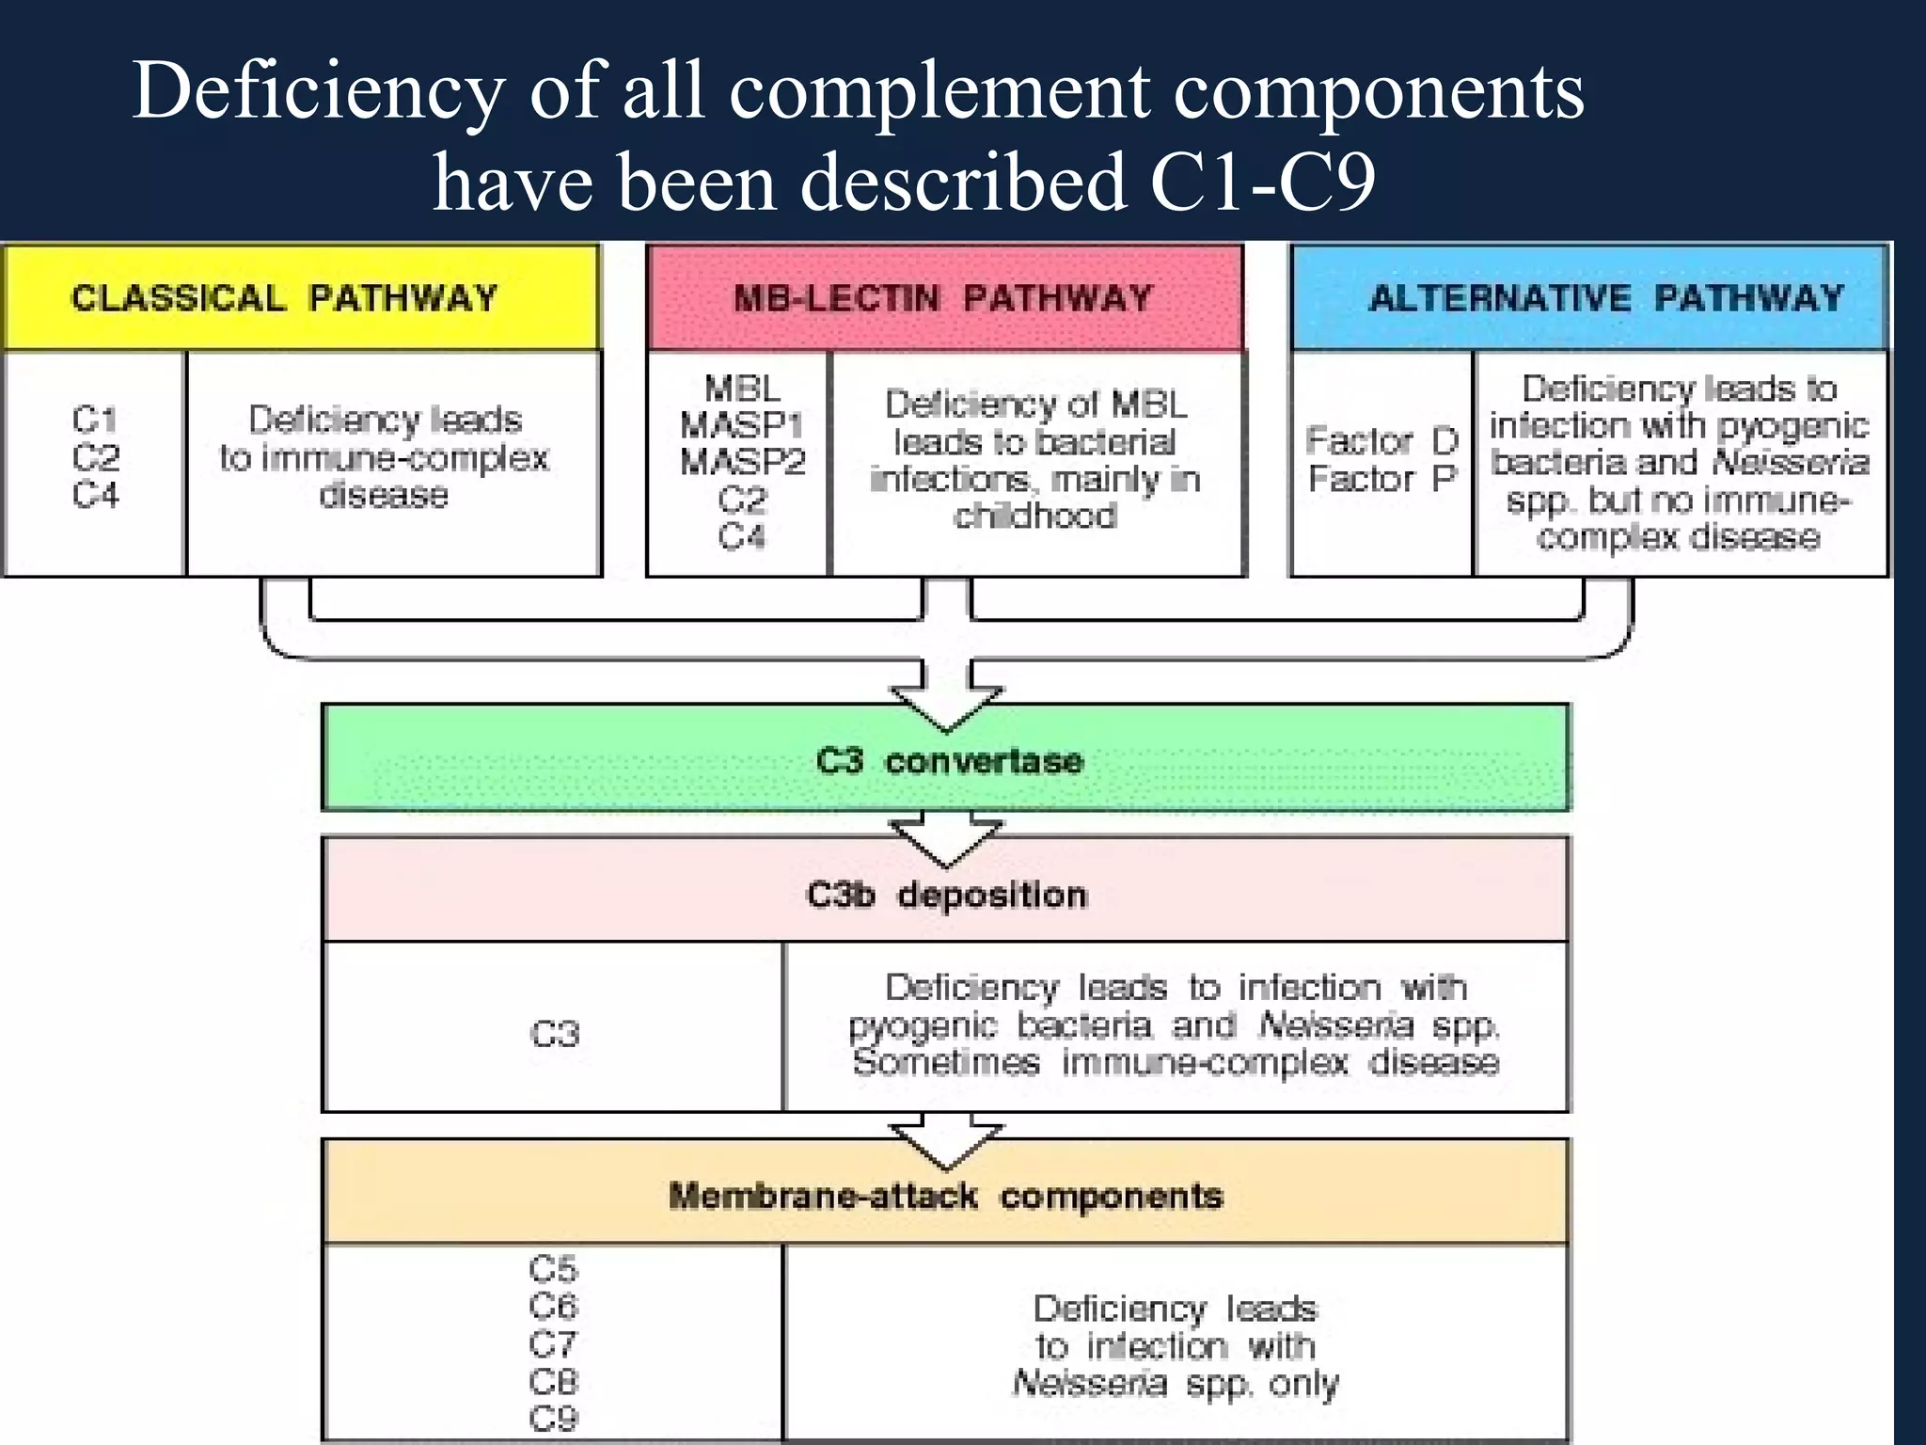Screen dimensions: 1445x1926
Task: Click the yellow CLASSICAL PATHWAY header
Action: (x=301, y=297)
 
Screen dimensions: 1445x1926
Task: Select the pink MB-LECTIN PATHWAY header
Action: (x=944, y=298)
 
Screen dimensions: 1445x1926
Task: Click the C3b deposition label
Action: (x=946, y=894)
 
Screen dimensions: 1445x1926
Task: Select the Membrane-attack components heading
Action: (x=946, y=1196)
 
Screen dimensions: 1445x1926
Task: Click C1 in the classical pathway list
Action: (x=95, y=420)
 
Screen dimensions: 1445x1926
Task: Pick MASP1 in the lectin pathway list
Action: (x=742, y=425)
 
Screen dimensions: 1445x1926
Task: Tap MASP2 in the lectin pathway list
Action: (x=742, y=462)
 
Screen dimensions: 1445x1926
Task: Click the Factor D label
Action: (x=1381, y=440)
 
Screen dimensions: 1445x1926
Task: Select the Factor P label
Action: (x=1381, y=479)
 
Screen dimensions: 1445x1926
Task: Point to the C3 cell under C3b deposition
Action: (x=555, y=1034)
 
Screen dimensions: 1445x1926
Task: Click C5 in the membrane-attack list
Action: (x=553, y=1269)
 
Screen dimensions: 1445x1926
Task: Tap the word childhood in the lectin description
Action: (x=1035, y=516)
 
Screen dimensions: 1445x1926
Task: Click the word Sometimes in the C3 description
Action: (x=946, y=1062)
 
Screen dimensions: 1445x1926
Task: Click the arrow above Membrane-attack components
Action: (x=946, y=1143)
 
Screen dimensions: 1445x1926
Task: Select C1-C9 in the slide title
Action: (x=1262, y=181)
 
